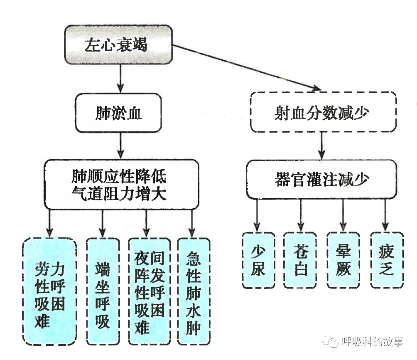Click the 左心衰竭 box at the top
click(118, 44)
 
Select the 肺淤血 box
click(118, 113)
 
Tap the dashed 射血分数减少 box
click(323, 112)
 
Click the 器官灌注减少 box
click(323, 180)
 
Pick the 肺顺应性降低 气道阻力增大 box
click(119, 185)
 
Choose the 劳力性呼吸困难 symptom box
click(50, 291)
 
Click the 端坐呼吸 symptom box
click(102, 291)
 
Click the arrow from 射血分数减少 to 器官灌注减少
click(322, 146)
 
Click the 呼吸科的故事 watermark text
click(372, 342)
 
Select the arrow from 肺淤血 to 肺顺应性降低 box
click(120, 145)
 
